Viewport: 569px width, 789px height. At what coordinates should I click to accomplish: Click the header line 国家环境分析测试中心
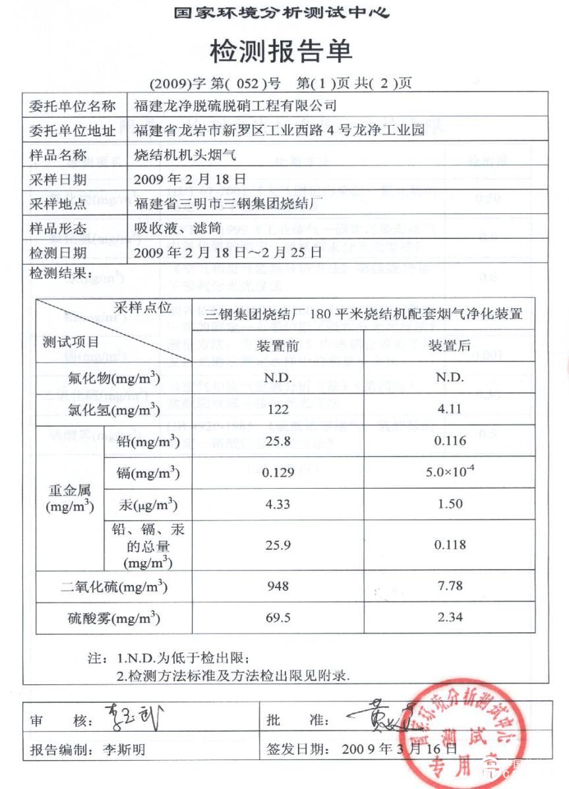(282, 13)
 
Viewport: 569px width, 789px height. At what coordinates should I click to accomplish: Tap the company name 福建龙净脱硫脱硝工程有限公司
(235, 105)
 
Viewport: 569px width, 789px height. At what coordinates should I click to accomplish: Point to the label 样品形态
(58, 229)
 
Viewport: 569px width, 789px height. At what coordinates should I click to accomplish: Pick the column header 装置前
(274, 346)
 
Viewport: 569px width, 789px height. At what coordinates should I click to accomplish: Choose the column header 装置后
(450, 346)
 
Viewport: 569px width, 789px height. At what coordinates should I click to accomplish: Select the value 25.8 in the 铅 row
(274, 441)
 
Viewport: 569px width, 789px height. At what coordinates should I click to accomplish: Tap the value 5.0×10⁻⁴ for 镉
(450, 472)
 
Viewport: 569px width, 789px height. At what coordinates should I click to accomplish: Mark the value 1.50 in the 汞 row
(450, 504)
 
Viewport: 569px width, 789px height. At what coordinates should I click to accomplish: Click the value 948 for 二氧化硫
(274, 585)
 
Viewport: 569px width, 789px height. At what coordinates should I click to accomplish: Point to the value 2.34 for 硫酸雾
(450, 617)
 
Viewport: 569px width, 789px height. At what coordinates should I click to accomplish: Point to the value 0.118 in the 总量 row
(450, 545)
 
